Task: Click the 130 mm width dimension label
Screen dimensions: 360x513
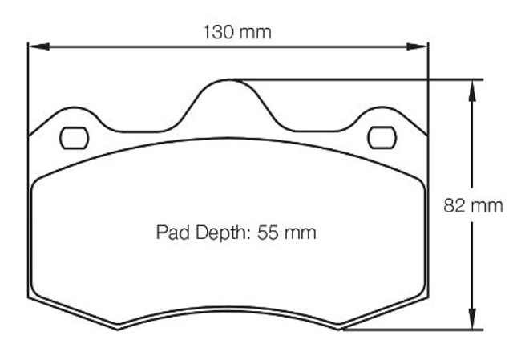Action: click(236, 33)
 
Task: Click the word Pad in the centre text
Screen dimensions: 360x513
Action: click(170, 233)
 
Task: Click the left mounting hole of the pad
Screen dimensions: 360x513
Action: click(74, 138)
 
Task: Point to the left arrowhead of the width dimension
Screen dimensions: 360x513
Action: click(34, 47)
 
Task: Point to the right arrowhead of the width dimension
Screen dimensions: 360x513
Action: click(422, 47)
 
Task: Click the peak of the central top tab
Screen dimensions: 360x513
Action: click(229, 79)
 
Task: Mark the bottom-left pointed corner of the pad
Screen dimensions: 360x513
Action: click(119, 328)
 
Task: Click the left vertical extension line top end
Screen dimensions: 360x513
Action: click(29, 40)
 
